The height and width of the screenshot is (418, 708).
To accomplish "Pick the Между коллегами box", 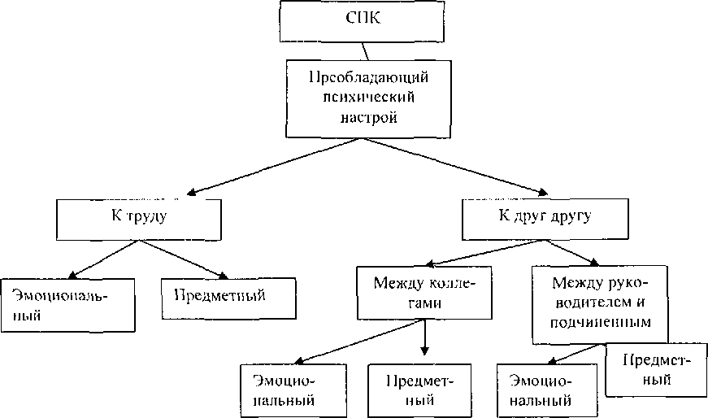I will (422, 294).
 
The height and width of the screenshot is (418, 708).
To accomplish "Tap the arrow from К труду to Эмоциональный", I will (106, 255).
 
